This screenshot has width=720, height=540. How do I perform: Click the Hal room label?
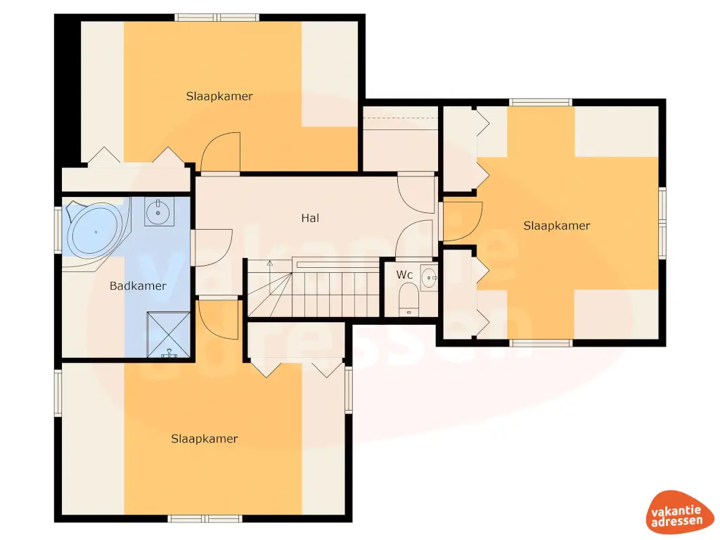(310, 218)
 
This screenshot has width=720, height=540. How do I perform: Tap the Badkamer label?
(138, 285)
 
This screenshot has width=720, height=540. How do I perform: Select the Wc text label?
(404, 275)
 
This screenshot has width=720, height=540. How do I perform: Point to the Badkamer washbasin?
(159, 212)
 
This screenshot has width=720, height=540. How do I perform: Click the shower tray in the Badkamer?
(169, 335)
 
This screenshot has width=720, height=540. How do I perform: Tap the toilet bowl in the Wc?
(409, 298)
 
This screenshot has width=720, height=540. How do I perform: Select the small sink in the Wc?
(429, 278)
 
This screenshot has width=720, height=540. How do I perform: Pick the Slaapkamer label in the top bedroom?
(219, 96)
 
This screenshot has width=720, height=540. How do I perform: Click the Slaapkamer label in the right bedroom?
(557, 226)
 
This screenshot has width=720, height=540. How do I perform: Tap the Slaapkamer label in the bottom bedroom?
(205, 439)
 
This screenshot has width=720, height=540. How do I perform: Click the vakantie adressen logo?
(677, 513)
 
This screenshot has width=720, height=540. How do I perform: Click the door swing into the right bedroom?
(461, 221)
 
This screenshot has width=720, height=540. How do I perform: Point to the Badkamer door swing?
(212, 248)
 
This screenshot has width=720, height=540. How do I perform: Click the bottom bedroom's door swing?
(218, 320)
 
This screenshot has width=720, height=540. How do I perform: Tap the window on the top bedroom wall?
(217, 18)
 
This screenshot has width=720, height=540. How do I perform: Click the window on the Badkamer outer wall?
(58, 230)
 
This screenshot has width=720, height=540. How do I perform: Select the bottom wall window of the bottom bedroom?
(205, 518)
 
